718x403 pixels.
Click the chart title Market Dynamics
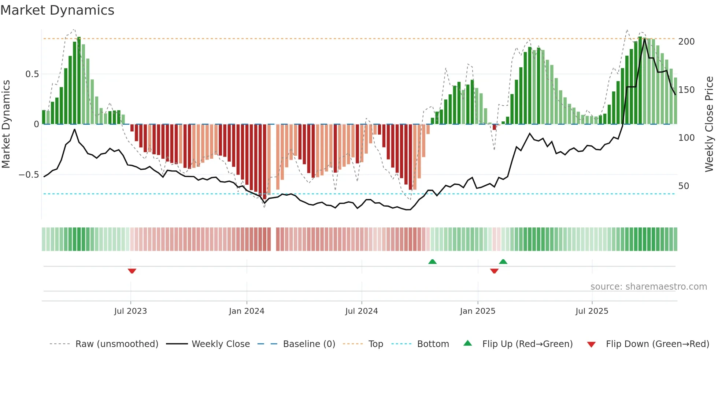point(58,10)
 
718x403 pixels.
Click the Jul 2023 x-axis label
point(130,311)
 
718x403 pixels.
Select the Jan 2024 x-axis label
point(247,311)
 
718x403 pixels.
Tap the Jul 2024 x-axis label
point(361,311)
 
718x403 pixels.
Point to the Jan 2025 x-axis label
point(478,311)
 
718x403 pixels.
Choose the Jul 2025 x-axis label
point(592,311)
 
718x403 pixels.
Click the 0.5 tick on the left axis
point(32,74)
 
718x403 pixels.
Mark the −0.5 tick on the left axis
point(29,175)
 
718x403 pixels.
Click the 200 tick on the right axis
point(686,42)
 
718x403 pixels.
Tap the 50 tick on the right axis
point(684,186)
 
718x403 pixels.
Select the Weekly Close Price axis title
point(709,124)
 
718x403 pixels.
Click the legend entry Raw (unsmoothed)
point(116,344)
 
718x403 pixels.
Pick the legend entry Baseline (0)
point(309,344)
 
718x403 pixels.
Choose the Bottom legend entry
point(433,344)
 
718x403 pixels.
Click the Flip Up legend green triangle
point(468,343)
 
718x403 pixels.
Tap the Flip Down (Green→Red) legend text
point(657,344)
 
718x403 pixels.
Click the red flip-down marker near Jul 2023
point(132,271)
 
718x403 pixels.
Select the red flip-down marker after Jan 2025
point(494,271)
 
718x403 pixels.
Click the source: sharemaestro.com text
point(648,287)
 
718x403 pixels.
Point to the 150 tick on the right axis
point(686,90)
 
